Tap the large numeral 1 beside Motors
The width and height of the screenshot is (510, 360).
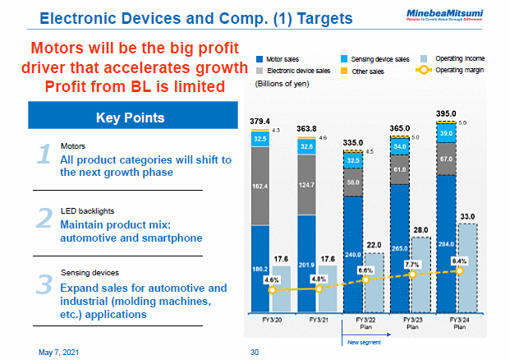click(x=45, y=158)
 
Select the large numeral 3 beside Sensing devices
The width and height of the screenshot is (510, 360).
click(x=45, y=284)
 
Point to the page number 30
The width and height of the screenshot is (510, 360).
click(x=255, y=351)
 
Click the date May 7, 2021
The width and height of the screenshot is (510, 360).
click(x=60, y=351)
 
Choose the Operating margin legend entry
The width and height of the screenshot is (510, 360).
click(x=461, y=71)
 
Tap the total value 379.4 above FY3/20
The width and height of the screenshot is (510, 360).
click(x=260, y=121)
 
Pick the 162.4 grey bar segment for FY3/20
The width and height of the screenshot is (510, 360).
click(x=260, y=186)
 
